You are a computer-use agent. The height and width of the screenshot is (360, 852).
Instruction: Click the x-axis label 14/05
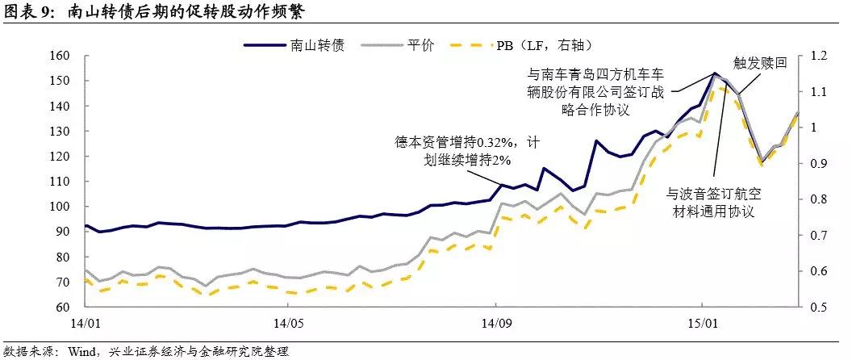click(288, 324)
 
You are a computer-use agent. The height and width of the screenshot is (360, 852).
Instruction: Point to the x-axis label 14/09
click(494, 324)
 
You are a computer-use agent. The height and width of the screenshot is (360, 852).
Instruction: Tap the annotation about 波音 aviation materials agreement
click(710, 203)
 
